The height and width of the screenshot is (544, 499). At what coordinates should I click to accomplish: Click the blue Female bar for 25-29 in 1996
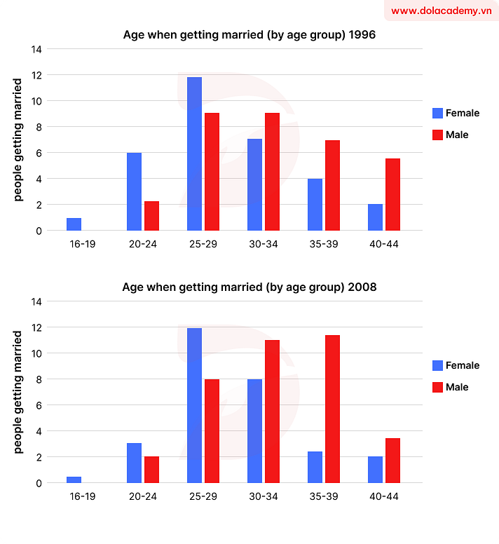[194, 154]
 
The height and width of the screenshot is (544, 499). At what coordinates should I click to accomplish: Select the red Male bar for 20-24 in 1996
[151, 216]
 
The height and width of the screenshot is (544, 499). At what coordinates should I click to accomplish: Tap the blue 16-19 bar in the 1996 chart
[74, 224]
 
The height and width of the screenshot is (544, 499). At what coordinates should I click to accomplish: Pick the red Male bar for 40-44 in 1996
[392, 195]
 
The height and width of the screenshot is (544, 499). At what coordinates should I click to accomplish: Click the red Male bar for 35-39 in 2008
[332, 409]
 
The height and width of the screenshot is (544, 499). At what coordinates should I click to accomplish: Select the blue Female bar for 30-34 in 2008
[254, 431]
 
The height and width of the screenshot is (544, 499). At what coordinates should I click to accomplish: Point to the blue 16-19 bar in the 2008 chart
[74, 480]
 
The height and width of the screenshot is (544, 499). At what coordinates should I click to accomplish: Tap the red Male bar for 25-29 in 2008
[212, 431]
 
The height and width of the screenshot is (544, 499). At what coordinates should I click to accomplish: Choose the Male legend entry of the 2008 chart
[456, 387]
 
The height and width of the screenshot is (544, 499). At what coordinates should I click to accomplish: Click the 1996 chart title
[249, 34]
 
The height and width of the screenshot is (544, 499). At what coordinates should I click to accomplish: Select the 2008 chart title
[249, 287]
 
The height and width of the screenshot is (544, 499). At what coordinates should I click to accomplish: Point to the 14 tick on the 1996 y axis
[36, 49]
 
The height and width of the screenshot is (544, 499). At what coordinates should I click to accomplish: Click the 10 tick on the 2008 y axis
[36, 353]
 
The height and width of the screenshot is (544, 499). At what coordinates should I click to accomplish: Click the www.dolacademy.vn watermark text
[441, 11]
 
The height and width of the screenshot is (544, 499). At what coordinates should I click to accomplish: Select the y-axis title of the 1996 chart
[18, 140]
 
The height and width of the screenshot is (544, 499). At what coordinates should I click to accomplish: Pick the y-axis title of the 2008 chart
[18, 392]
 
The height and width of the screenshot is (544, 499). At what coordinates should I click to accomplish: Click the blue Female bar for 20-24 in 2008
[134, 463]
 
